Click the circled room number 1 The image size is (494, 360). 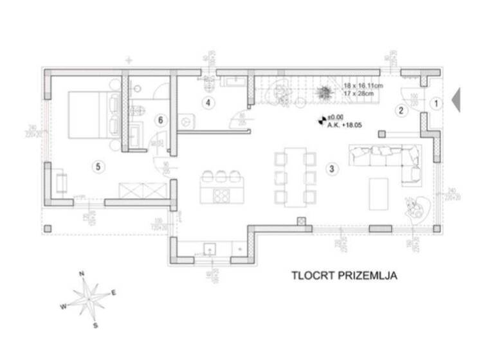435,102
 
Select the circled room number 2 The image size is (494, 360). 401,110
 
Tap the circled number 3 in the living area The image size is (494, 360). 331,170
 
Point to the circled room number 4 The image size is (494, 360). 208,102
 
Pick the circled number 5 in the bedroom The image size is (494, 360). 97,166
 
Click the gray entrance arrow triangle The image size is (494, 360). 456,100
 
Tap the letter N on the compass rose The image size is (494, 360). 82,274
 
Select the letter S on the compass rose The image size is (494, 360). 95,325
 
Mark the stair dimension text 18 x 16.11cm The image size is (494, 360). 363,85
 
